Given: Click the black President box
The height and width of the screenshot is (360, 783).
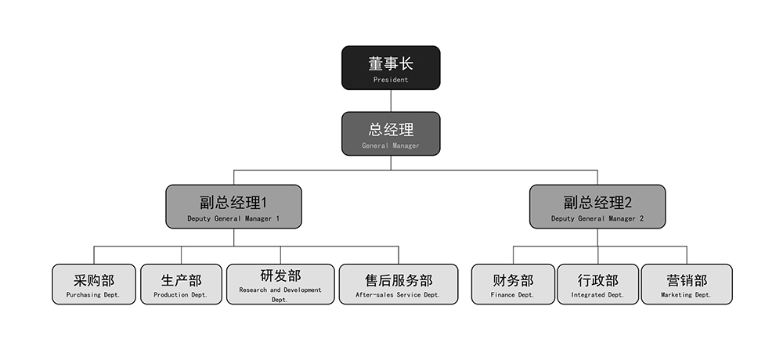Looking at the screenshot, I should tap(391, 67).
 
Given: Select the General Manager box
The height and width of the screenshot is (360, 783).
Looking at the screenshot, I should tap(391, 133).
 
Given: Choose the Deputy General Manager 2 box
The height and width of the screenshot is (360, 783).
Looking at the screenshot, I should tap(597, 207).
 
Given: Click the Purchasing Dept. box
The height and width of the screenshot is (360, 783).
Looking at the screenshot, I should tap(94, 284).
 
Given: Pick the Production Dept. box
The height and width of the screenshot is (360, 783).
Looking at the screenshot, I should tap(181, 284).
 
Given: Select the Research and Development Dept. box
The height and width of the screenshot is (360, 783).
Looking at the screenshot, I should tap(280, 284).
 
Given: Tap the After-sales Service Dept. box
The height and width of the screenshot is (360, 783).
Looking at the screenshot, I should tap(398, 284).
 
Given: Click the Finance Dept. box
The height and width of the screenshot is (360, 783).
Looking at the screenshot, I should tap(512, 284).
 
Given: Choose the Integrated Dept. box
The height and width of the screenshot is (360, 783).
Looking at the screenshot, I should tap(597, 284).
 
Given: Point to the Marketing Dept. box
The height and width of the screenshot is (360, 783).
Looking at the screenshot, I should tap(687, 284).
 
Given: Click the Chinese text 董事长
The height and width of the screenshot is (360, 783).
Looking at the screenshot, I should tap(391, 63).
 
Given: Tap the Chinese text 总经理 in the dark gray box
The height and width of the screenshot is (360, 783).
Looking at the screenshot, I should tap(391, 129).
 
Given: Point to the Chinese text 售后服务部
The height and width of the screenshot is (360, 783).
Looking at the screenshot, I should tap(398, 280).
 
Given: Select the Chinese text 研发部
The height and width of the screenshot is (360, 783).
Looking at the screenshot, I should tap(280, 275).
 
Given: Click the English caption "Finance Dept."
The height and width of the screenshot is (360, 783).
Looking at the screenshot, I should tap(512, 295).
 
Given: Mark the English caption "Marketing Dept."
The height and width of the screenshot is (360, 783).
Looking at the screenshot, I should tap(687, 295).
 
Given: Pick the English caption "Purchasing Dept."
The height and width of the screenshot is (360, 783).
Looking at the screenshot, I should tap(94, 295).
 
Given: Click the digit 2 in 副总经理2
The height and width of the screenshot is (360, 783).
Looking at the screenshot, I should tap(627, 202).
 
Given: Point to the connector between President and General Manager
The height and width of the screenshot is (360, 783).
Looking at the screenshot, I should tap(391, 101).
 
